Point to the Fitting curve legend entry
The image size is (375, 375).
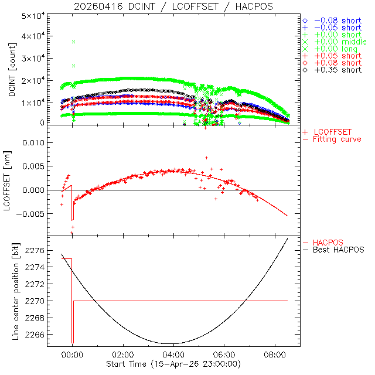337,139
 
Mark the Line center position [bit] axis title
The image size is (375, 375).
16,292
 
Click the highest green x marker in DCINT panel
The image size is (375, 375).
74,42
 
